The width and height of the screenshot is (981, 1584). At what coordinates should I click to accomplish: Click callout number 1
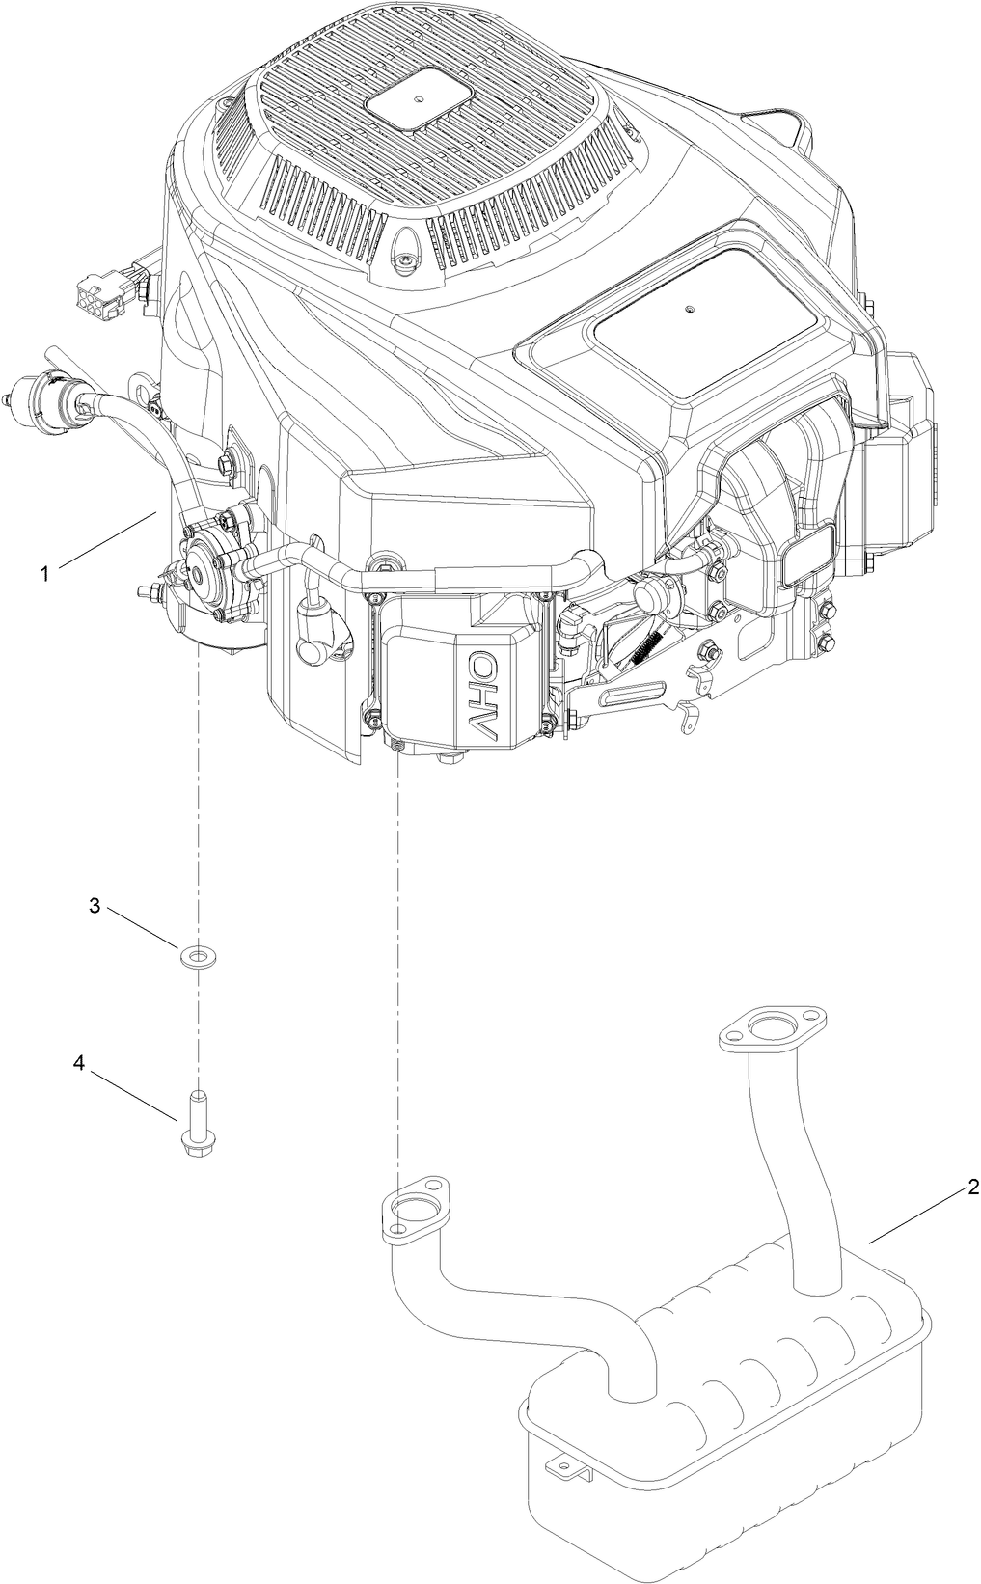pyautogui.click(x=43, y=573)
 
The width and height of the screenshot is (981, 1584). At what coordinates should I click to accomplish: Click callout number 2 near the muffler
pyautogui.click(x=973, y=1186)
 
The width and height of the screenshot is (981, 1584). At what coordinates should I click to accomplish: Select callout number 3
pyautogui.click(x=95, y=906)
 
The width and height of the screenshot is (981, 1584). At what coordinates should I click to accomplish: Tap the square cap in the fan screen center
pyautogui.click(x=416, y=99)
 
